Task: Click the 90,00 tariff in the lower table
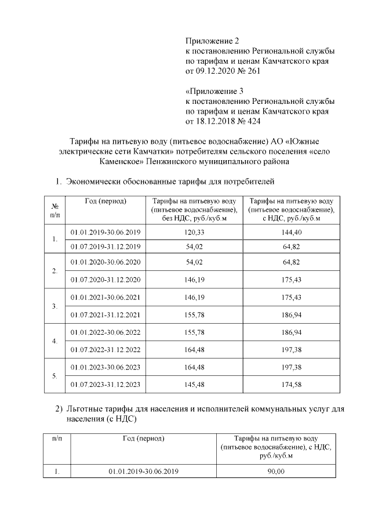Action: (276, 472)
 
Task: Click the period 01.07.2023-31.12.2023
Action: (106, 384)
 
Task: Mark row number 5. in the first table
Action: (54, 375)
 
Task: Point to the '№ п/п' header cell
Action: (54, 209)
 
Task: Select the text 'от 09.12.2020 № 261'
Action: (223, 71)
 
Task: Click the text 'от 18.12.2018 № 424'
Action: (223, 122)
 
